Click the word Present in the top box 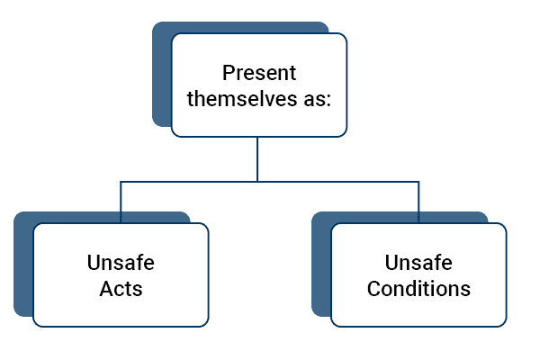[x=259, y=73]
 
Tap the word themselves [x=242, y=98]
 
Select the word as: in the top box [x=317, y=99]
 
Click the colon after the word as [x=328, y=101]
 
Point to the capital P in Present [x=229, y=73]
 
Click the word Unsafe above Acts [x=121, y=263]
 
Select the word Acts [x=121, y=288]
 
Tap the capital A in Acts [x=106, y=288]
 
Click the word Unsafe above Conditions [x=418, y=263]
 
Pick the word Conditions [x=418, y=288]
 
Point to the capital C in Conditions [x=374, y=288]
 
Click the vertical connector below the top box [x=257, y=159]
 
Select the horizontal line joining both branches [x=270, y=182]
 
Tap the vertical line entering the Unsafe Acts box [x=121, y=202]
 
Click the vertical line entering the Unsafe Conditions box [x=418, y=202]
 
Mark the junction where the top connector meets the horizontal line [x=257, y=182]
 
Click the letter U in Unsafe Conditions [x=391, y=263]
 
